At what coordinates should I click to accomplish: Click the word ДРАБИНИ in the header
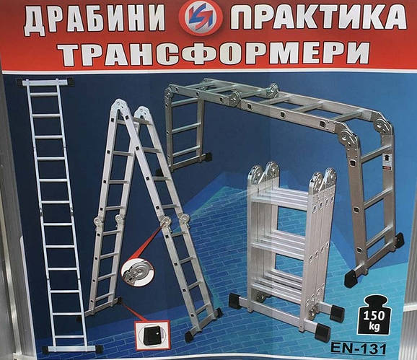click(x=95, y=19)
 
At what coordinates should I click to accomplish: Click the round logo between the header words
click(x=198, y=17)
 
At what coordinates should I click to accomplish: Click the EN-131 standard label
click(x=359, y=348)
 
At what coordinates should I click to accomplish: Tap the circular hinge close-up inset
click(x=137, y=272)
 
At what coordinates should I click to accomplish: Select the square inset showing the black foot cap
click(x=152, y=335)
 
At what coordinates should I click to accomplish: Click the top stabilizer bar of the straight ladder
click(x=45, y=82)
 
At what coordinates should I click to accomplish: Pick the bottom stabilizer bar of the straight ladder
click(x=72, y=349)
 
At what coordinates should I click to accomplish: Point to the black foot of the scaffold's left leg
click(x=206, y=157)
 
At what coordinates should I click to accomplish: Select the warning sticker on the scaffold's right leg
click(x=387, y=162)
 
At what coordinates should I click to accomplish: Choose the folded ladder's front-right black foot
click(x=322, y=332)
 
